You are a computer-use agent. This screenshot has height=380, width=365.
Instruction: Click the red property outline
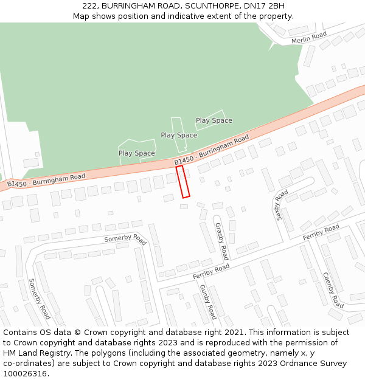[x=183, y=181]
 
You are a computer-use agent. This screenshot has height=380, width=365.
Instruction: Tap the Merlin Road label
[x=309, y=38]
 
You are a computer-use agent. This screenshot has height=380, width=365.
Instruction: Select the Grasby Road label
[x=221, y=241]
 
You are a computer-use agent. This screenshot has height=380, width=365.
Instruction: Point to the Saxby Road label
[x=282, y=204]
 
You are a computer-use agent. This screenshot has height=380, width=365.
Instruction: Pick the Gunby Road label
[x=208, y=302]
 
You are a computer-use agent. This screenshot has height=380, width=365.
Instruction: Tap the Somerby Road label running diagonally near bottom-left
[x=40, y=299]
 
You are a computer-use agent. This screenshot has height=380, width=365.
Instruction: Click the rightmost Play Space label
[x=214, y=120]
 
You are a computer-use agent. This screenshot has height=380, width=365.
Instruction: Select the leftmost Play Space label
[x=136, y=153]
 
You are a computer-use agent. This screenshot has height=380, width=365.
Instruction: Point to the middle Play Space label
[x=179, y=135]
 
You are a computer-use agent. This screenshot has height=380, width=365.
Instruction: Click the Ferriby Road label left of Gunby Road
[x=211, y=272]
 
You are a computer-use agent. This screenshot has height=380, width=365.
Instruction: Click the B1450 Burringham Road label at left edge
[x=46, y=180]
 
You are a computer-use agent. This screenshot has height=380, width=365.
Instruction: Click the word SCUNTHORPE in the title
[x=202, y=6]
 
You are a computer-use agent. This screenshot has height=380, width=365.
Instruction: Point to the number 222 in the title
[x=89, y=6]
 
